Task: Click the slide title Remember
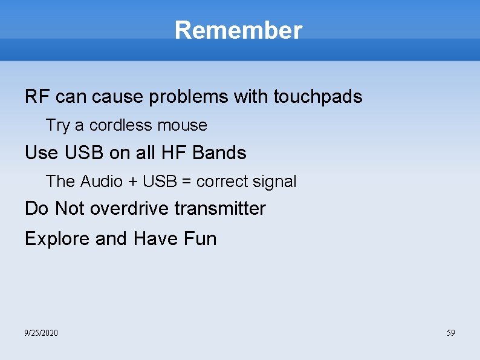coord(238,30)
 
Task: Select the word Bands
coord(219,153)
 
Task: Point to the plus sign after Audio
coord(132,182)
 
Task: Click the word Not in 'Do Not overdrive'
coord(69,209)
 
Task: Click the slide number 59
coord(450,333)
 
